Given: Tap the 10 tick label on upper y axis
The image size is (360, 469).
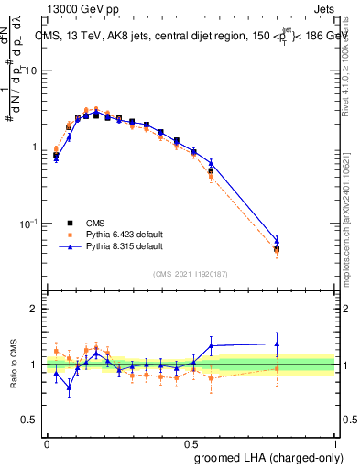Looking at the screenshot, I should (32, 71).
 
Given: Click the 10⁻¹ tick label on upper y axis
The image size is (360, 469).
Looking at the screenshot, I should (30, 224).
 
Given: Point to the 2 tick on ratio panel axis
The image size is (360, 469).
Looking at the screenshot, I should (35, 309).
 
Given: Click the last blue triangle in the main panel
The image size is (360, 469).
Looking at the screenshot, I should (277, 241).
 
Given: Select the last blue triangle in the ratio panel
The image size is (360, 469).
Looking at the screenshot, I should (277, 344).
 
